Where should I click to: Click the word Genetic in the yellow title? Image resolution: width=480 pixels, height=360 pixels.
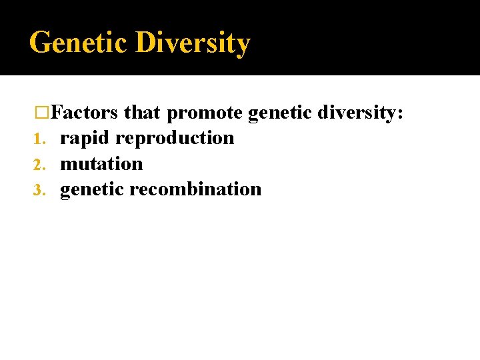pos(79,43)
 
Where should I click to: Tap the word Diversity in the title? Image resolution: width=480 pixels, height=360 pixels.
pos(193,43)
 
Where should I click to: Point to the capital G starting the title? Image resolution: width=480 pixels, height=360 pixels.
pos(40,43)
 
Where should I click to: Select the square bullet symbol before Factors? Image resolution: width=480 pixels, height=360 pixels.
pos(42,113)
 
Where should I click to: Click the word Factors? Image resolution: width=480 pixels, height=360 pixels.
pos(85,113)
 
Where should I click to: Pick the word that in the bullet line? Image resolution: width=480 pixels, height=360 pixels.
pos(142,113)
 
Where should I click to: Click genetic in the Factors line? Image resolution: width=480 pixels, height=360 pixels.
pos(280,113)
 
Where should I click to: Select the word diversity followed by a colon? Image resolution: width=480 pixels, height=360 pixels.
pos(358,113)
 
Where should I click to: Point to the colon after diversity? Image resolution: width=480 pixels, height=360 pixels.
pos(399,115)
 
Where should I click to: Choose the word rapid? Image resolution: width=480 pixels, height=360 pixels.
pos(85,139)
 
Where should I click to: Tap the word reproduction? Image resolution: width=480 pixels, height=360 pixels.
pos(175,139)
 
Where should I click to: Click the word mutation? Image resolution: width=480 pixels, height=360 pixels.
pos(101,163)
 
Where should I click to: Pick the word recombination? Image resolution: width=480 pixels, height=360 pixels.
pos(195,189)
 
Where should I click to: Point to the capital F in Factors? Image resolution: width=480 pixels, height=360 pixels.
pos(55,113)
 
